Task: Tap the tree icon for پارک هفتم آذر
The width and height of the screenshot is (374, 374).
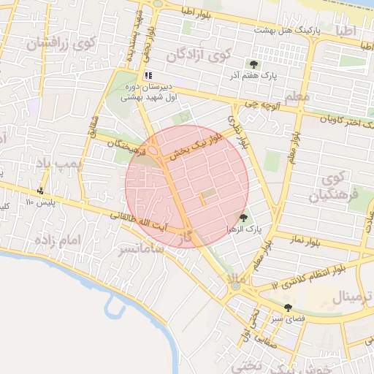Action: [x=254, y=64]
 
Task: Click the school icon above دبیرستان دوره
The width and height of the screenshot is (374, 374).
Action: [x=149, y=75]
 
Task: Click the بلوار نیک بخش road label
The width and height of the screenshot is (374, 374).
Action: [x=196, y=147]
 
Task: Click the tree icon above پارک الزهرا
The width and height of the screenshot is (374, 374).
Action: [x=243, y=218]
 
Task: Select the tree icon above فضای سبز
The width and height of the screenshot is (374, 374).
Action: [x=287, y=307]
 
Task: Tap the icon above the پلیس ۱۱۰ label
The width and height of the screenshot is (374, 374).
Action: [x=39, y=191]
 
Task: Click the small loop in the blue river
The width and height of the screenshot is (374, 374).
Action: [x=111, y=306]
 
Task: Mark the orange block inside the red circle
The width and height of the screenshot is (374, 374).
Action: [x=202, y=199]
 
